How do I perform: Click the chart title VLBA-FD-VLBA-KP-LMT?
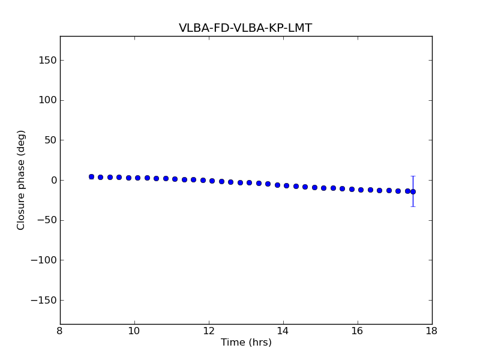pos(245,28)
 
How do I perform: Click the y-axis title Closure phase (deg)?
pos(22,180)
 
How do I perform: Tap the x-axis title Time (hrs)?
pos(246,343)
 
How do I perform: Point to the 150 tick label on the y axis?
pos(47,60)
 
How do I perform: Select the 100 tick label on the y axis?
pos(47,100)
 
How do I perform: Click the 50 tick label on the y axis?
pos(50,140)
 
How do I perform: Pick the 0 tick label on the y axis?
pos(53,180)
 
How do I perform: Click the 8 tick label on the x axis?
pos(60,331)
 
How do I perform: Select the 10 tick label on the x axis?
pos(134,331)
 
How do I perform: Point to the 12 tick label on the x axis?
pos(209,331)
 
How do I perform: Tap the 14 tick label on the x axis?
pos(283,331)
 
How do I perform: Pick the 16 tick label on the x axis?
pos(358,331)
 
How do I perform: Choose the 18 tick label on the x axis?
pos(431,331)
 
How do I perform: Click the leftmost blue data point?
pos(91,176)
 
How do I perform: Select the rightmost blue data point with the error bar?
pos(413,191)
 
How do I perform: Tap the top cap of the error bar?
pos(413,176)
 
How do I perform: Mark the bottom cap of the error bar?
pos(413,206)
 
